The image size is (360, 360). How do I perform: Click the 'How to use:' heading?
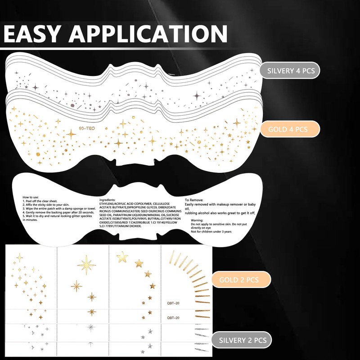click(x=33, y=198)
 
